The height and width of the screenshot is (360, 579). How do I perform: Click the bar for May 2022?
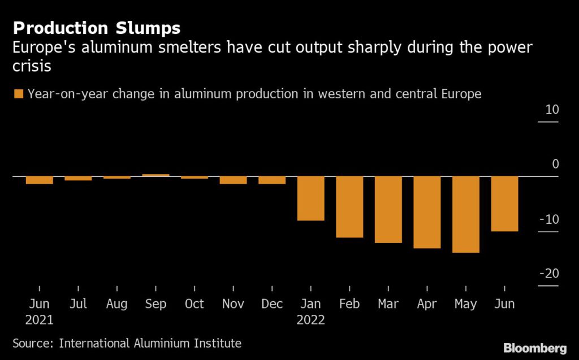465,214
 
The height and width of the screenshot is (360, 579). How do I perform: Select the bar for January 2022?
310,198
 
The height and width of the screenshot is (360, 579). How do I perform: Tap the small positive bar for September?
155,175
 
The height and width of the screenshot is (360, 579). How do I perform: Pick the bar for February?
349,207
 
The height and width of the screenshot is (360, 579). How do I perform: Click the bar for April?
427,212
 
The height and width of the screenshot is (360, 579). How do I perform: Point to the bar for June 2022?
504,203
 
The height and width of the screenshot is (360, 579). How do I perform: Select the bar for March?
388,210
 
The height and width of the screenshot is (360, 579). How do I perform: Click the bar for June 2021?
40,180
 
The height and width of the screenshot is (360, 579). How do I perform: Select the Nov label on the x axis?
233,304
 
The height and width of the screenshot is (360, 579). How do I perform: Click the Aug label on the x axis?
116,304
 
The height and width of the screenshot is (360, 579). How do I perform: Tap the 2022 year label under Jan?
310,320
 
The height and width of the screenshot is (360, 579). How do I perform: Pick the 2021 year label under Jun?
40,320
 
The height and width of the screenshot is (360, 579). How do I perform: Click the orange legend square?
19,94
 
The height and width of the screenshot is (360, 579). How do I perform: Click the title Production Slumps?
97,28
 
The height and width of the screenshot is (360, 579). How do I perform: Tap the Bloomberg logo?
535,347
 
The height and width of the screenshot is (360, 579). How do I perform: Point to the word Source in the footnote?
32,343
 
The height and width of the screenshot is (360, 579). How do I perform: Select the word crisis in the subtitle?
32,66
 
